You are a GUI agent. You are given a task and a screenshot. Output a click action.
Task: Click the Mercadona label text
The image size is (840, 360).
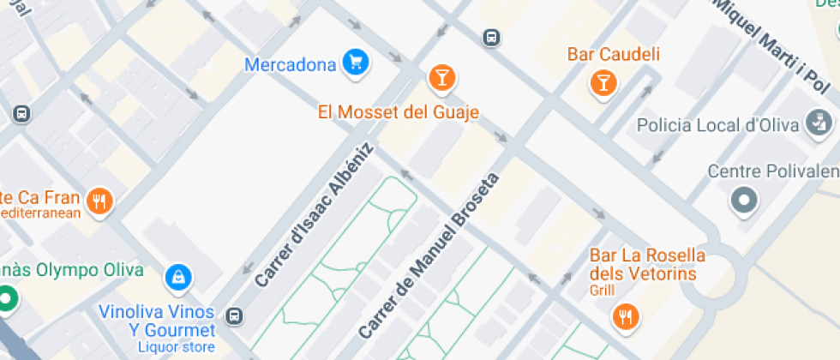(x=291, y=64)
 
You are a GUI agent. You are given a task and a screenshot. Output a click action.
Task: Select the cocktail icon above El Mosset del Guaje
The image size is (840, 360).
(x=441, y=79)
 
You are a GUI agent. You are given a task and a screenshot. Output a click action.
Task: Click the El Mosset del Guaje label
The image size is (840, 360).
(x=398, y=112)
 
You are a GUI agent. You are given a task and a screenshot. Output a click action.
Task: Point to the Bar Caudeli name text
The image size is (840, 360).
(x=614, y=55)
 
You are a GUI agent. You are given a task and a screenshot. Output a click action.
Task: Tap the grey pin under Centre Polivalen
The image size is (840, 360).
(x=743, y=201)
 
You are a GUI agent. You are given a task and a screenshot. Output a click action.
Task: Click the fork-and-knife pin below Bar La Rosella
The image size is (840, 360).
(x=626, y=316)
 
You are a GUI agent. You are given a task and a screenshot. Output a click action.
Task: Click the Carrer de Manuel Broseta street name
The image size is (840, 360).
(x=429, y=255)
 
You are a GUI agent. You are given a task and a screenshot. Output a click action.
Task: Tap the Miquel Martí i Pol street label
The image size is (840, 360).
(x=772, y=46)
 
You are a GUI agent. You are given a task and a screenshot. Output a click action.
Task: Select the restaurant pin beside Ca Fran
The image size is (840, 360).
(x=101, y=201)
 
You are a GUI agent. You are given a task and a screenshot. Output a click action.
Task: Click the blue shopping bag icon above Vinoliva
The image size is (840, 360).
(x=179, y=276)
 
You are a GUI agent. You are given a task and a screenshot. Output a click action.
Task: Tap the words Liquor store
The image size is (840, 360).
(x=177, y=347)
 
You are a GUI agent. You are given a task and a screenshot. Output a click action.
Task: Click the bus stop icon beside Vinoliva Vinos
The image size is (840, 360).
(x=235, y=316)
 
